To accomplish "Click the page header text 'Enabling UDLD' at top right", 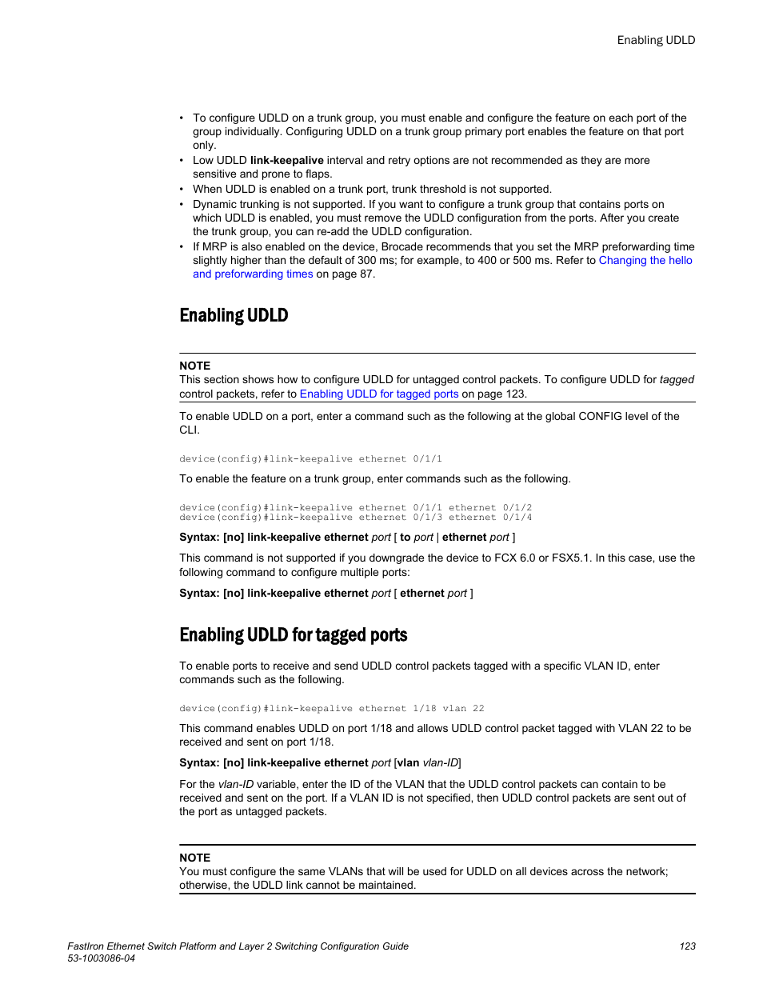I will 656,40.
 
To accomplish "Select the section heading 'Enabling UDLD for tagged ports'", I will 293,635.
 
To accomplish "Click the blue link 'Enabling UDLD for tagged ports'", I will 378,394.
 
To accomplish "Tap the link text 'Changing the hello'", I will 645,260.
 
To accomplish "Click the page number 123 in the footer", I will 687,946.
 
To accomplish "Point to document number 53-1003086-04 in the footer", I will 101,958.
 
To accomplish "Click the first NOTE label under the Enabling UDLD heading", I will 194,366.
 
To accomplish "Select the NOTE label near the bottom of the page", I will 194,858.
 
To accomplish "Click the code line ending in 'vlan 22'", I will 331,708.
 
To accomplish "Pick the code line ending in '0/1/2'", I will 355,507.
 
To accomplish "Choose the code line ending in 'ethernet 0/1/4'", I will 355,517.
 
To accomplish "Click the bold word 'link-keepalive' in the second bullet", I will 286,160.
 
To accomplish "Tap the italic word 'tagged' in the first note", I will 677,379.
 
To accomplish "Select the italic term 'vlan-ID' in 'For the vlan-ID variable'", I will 236,784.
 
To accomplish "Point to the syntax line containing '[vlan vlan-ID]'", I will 320,762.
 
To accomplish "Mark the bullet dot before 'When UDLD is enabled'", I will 182,190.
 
